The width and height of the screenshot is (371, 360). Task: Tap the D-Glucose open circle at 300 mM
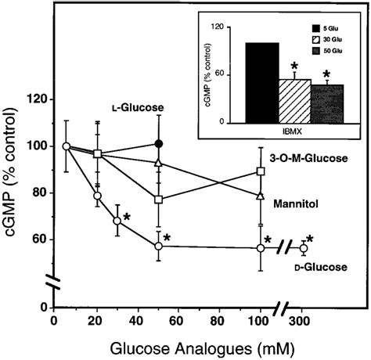(x=304, y=248)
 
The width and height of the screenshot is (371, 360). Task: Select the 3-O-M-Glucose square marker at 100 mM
(x=261, y=171)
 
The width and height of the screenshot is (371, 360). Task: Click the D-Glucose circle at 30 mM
(x=117, y=221)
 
